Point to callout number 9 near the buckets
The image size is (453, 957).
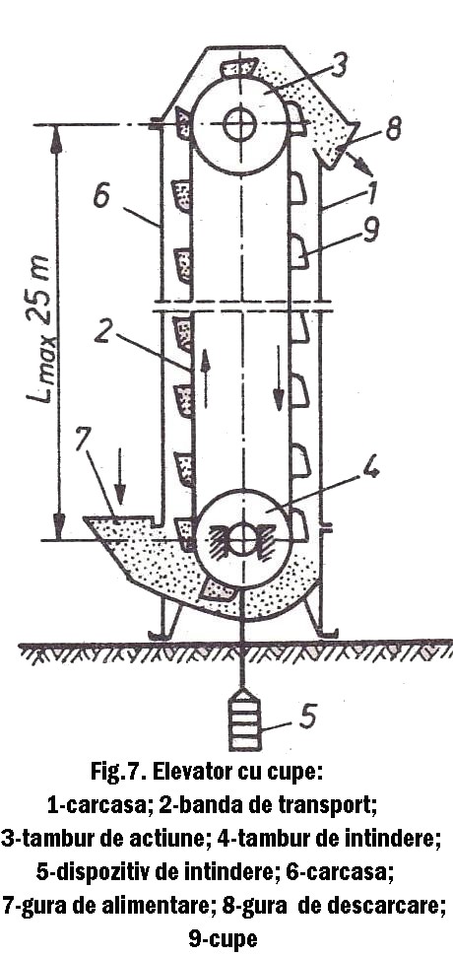click(x=369, y=232)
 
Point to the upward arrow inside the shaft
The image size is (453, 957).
click(x=206, y=377)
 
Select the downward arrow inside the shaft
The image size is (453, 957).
click(x=279, y=377)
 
